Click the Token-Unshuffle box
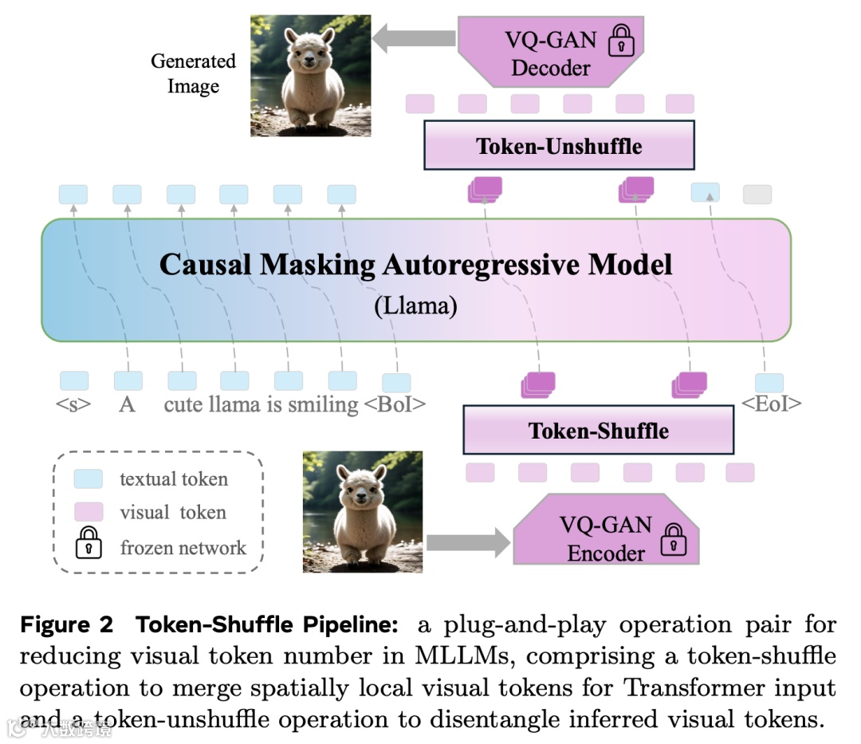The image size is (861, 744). pyautogui.click(x=559, y=146)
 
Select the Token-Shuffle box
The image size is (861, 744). pyautogui.click(x=598, y=431)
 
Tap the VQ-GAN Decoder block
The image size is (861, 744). pyautogui.click(x=551, y=53)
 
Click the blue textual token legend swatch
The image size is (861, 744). pyautogui.click(x=88, y=478)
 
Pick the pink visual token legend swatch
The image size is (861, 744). pyautogui.click(x=88, y=511)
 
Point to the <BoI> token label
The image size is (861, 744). pyautogui.click(x=395, y=404)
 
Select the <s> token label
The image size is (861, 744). pyautogui.click(x=73, y=404)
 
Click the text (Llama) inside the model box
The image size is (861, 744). pyautogui.click(x=415, y=307)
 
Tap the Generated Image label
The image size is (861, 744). pyautogui.click(x=194, y=73)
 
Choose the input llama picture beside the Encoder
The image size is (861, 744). pyautogui.click(x=351, y=511)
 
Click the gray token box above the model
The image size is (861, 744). pyautogui.click(x=757, y=194)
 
